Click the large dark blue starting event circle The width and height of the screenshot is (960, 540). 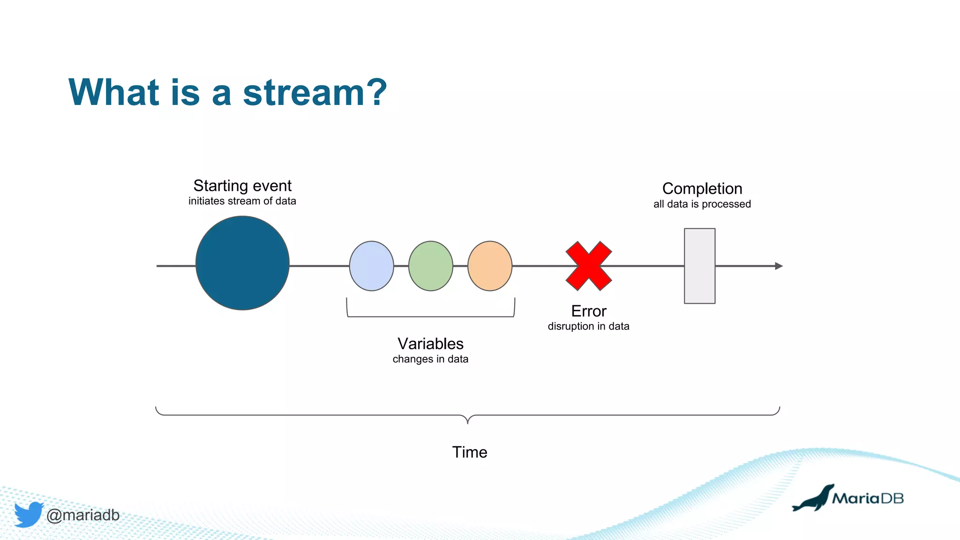click(x=242, y=263)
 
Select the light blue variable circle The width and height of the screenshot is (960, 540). click(x=371, y=266)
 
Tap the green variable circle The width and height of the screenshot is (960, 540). click(x=430, y=266)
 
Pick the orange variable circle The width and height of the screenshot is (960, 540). click(x=490, y=266)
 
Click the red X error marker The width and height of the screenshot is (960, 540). click(x=589, y=266)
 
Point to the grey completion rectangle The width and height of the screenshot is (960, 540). click(x=699, y=266)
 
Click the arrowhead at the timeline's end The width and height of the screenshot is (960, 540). click(x=779, y=266)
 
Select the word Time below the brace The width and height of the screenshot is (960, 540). click(x=469, y=452)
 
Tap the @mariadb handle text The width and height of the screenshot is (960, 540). click(x=83, y=515)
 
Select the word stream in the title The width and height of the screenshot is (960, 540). click(x=304, y=92)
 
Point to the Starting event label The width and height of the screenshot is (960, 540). click(x=242, y=186)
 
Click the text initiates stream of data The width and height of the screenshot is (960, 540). click(x=242, y=201)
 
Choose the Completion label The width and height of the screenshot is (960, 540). click(x=702, y=188)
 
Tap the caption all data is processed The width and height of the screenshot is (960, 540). click(x=702, y=204)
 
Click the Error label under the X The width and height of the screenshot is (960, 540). click(x=589, y=311)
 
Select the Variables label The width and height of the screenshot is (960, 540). click(x=430, y=344)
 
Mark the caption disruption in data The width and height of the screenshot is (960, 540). click(x=588, y=326)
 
